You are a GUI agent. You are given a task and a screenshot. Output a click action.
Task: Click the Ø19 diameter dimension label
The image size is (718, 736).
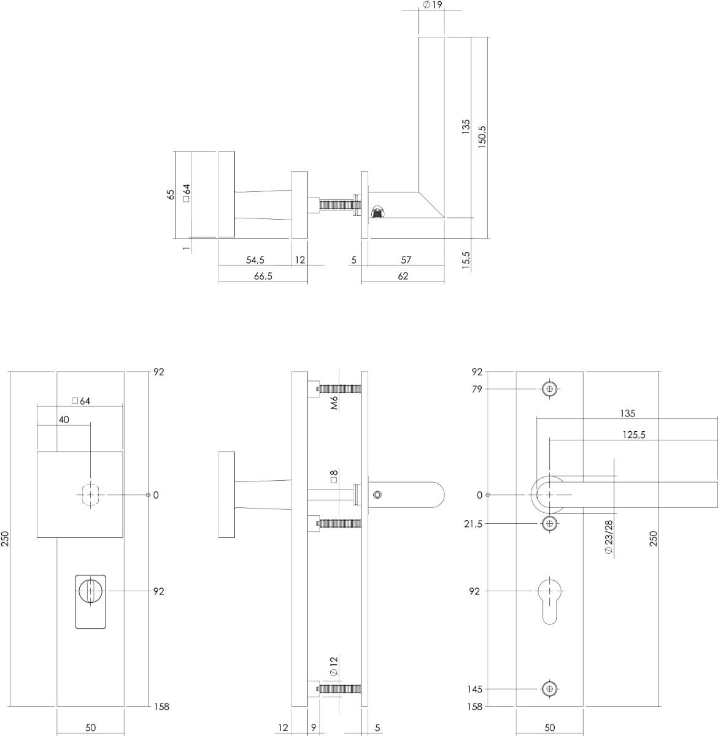431,5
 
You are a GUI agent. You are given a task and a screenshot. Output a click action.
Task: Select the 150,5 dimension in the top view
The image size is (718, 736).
482,137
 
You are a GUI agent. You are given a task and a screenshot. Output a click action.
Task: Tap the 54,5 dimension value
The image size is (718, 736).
255,260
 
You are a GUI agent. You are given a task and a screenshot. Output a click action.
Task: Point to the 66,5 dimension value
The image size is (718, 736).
263,276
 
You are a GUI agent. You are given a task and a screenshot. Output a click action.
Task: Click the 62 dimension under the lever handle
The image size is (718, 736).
403,276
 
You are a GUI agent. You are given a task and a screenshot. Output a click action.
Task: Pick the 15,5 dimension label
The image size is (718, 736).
466,260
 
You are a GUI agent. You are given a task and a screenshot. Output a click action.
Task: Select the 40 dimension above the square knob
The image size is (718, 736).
64,420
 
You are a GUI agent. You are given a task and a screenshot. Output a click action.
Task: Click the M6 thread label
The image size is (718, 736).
334,403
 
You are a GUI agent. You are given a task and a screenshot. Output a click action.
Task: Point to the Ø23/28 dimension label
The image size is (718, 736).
609,537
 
